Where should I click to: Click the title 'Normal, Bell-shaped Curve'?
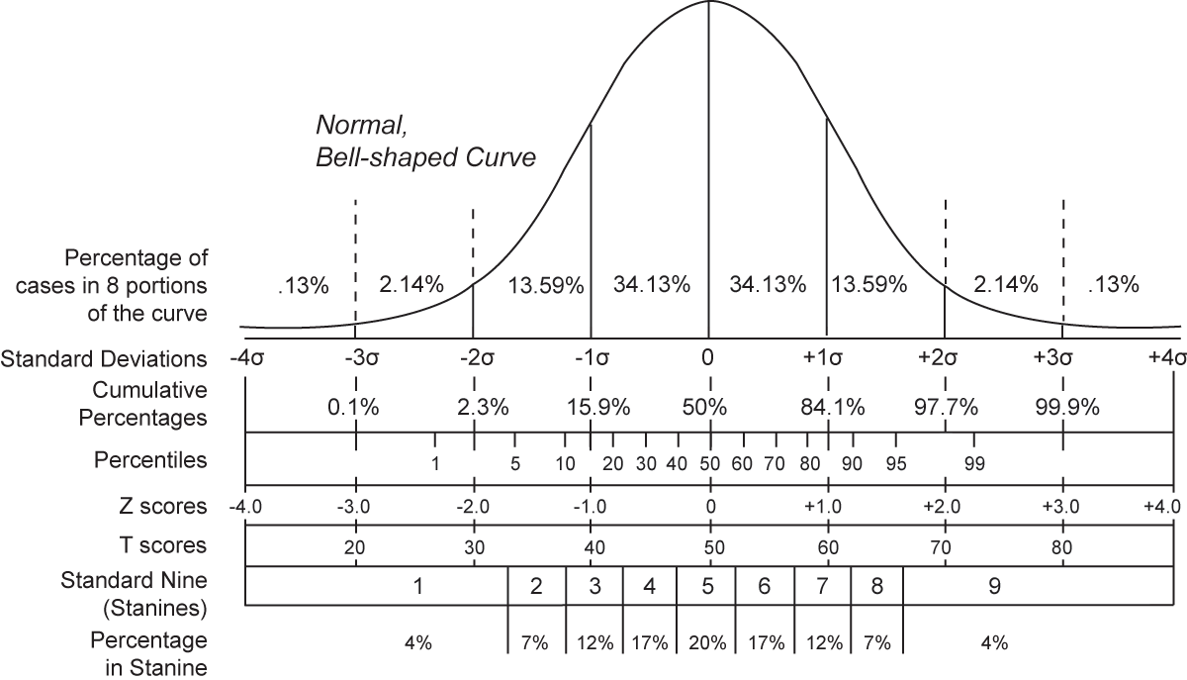tap(425, 141)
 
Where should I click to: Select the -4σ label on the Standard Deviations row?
tap(245, 358)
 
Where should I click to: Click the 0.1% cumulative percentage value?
tap(354, 407)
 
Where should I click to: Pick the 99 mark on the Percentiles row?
tap(973, 463)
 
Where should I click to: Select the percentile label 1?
tap(435, 463)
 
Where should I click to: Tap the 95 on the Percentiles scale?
tap(895, 463)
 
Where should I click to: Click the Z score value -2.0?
tap(473, 507)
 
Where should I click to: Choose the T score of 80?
tap(1062, 545)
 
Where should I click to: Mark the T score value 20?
tap(355, 545)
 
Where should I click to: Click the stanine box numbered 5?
tap(707, 586)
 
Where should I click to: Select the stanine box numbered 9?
tap(994, 586)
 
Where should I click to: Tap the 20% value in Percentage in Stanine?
tap(707, 642)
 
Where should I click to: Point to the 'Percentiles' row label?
tap(150, 460)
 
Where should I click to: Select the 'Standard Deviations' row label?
tap(105, 358)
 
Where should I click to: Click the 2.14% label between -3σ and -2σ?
tap(411, 285)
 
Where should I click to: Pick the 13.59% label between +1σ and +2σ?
tap(868, 285)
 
